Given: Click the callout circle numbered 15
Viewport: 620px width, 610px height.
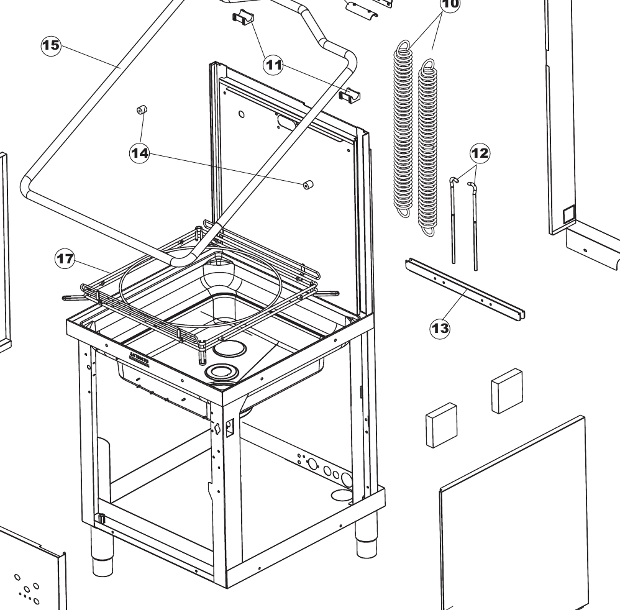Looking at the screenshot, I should (x=50, y=45).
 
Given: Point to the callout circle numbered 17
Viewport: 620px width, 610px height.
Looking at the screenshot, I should (x=65, y=259).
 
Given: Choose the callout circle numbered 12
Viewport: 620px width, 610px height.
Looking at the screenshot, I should (x=480, y=152).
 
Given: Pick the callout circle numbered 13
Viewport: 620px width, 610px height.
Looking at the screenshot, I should (x=440, y=327).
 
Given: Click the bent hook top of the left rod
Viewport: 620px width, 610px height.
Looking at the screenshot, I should (x=454, y=180).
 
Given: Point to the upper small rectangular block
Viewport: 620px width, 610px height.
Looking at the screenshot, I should (x=507, y=389).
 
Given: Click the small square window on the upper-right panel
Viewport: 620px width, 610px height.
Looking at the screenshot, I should (x=568, y=216).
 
